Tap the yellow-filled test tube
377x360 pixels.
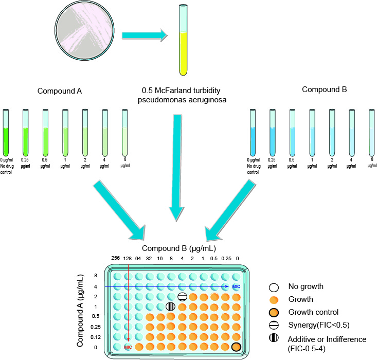pyautogui.click(x=183, y=46)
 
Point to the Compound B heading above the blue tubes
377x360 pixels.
pyautogui.click(x=324, y=89)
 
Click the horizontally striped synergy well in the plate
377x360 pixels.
pyautogui.click(x=182, y=297)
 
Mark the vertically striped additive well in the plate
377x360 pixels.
pyautogui.click(x=171, y=307)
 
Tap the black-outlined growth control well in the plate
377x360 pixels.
pyautogui.click(x=236, y=347)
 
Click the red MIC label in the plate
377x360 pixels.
pyautogui.click(x=128, y=347)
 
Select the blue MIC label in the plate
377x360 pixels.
pyautogui.click(x=236, y=286)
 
